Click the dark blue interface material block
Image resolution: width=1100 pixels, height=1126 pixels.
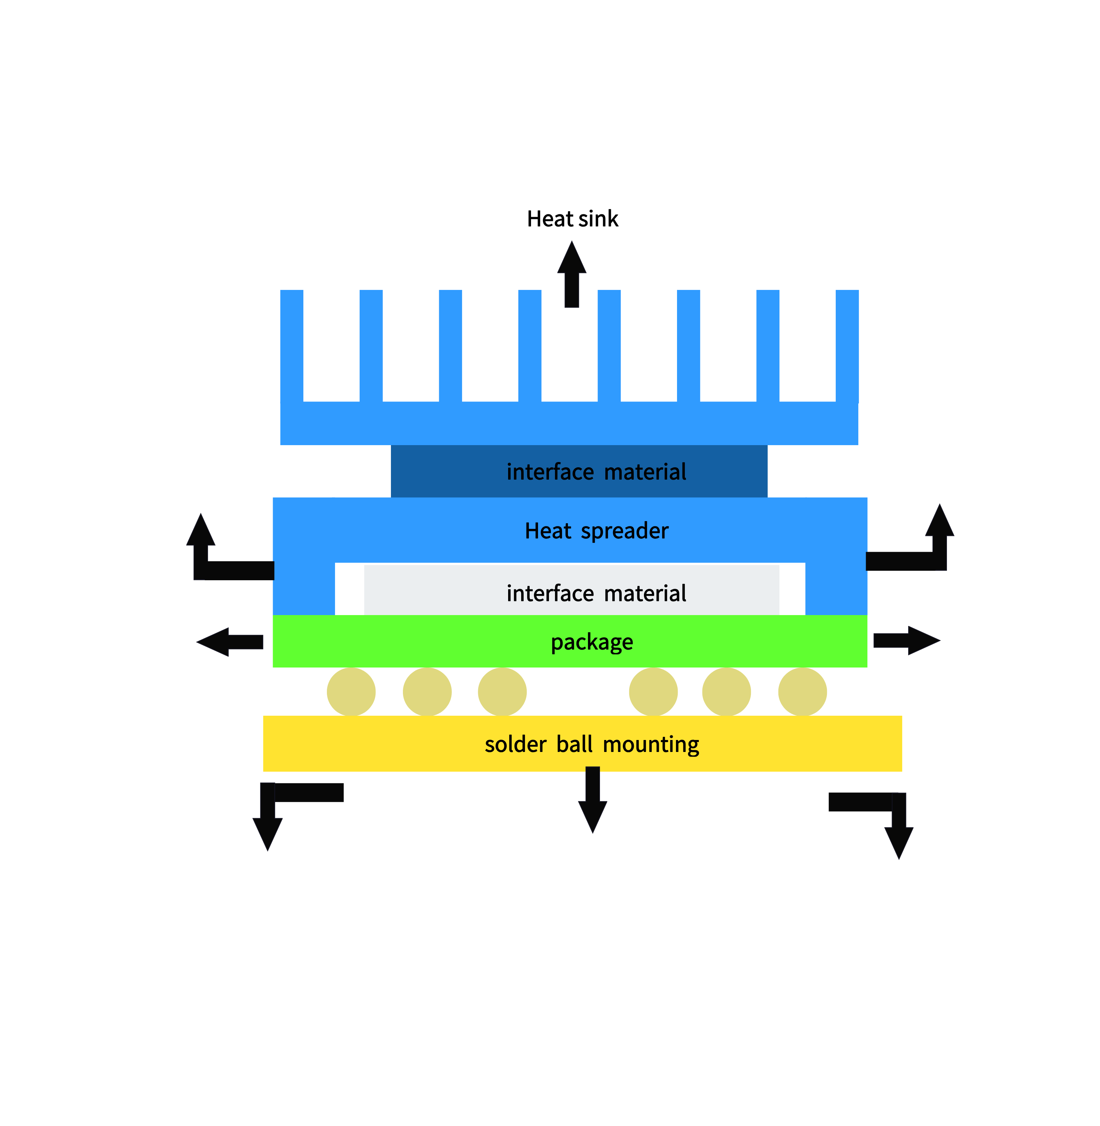(x=579, y=471)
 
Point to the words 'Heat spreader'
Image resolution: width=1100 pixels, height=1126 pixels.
(x=596, y=530)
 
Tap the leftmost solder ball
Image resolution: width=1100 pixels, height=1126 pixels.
(x=351, y=691)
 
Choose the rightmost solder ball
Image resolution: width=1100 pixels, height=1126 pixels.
(x=802, y=691)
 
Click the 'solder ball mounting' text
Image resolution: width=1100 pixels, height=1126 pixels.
(x=592, y=744)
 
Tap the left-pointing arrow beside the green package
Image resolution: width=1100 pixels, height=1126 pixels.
(x=231, y=642)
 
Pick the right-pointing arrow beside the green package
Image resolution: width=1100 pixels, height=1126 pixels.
(x=905, y=640)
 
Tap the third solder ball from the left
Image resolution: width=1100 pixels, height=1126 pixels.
(x=502, y=691)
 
